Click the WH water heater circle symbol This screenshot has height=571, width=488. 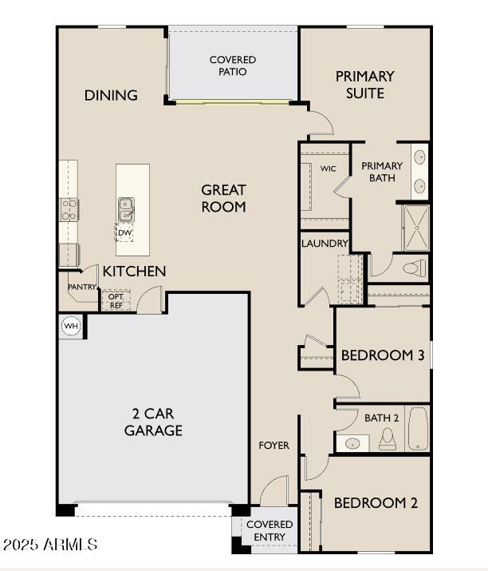71,326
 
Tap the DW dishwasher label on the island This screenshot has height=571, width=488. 125,233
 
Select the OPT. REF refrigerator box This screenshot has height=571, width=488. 116,299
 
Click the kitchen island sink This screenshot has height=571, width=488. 127,209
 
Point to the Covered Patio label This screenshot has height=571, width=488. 233,65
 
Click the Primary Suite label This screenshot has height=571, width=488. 364,85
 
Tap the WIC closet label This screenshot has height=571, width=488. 329,169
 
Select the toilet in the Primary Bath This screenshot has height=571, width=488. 415,268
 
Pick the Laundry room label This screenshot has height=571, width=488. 325,244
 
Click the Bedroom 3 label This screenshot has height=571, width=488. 382,355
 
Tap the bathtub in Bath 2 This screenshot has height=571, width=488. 418,430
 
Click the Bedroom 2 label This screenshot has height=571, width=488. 376,503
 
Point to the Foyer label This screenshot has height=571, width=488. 274,445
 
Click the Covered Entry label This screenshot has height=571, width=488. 269,530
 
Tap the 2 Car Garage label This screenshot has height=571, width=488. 153,422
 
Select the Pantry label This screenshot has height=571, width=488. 82,287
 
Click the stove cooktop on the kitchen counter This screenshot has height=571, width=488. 69,209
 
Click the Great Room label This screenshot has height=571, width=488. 223,198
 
